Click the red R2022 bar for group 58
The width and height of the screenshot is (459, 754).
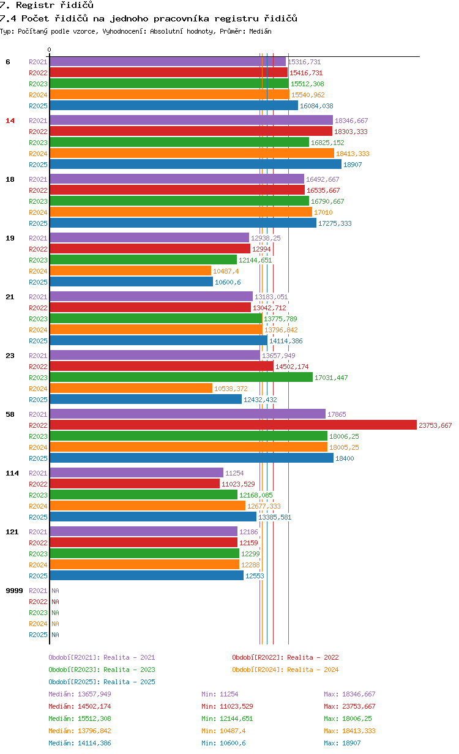(x=233, y=425)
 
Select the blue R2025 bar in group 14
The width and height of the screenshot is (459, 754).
(x=195, y=164)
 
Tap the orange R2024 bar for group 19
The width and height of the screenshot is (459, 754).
(x=130, y=271)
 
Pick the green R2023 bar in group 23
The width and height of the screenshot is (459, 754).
(x=181, y=378)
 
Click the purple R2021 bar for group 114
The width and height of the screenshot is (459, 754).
(x=136, y=472)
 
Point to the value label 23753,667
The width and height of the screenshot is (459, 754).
(x=435, y=425)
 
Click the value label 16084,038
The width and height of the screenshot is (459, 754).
(x=316, y=106)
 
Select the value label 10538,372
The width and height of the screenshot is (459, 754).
(x=231, y=389)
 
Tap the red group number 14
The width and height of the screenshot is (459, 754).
(x=10, y=121)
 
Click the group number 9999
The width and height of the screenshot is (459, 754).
(x=14, y=591)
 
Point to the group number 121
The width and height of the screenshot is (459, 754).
(x=12, y=532)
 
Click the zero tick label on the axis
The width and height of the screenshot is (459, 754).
(x=49, y=50)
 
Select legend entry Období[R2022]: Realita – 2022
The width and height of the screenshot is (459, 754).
(x=285, y=657)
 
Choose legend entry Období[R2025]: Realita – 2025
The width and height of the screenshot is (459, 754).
(x=102, y=682)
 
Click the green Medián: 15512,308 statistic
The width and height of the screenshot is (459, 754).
(x=80, y=719)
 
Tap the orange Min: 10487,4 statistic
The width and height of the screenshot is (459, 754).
(x=223, y=731)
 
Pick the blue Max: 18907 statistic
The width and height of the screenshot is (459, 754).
(x=342, y=743)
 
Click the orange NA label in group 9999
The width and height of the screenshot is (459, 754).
(x=55, y=624)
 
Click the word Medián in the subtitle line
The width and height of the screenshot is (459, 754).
(x=260, y=31)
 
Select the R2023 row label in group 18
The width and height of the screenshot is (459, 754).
(x=38, y=201)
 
